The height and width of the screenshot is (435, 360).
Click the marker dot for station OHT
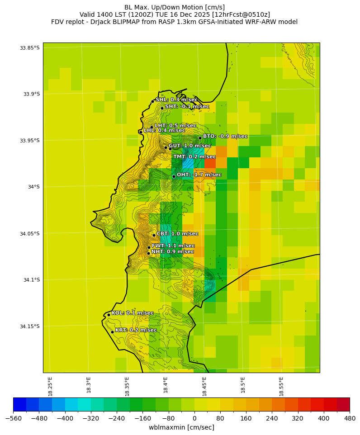(174, 177)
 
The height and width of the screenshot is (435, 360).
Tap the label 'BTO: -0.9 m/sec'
(225, 136)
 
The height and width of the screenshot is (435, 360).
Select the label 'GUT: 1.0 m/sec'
(189, 146)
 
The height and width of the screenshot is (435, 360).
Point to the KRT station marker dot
(112, 332)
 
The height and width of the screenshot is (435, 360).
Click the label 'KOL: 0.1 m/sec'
(133, 313)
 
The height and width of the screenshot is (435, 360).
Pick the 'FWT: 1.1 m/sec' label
(173, 246)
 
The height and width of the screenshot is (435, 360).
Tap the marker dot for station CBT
(154, 235)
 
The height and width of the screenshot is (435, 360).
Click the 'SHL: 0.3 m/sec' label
(176, 99)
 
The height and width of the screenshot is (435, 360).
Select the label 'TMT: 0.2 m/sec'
(194, 156)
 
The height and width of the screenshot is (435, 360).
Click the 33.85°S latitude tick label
(29, 48)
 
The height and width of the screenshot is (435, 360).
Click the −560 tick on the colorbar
(13, 418)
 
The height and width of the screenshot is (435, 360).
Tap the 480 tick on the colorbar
(350, 418)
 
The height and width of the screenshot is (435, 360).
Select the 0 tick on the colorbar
(194, 418)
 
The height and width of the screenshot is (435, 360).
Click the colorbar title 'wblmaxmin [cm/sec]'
(181, 427)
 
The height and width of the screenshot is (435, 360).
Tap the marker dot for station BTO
(200, 138)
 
